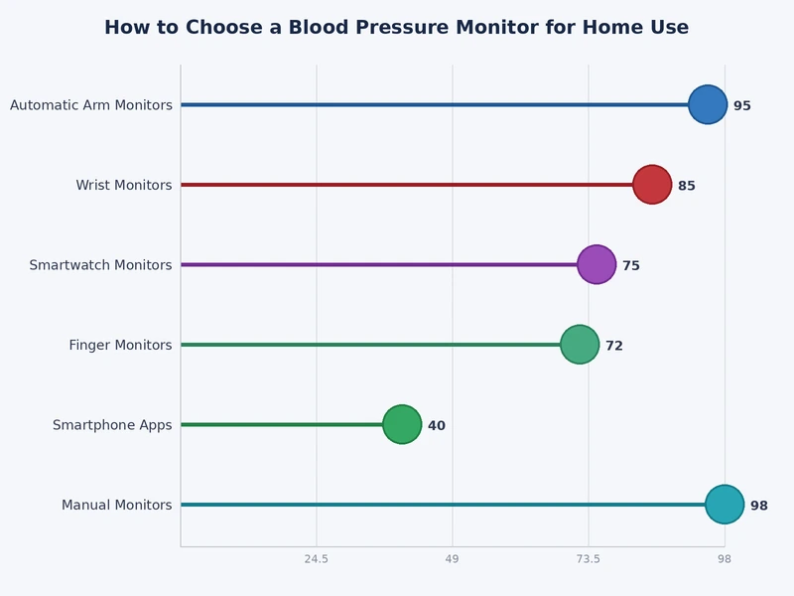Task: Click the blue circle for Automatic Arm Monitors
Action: click(x=708, y=104)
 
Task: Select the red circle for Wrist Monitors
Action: click(x=652, y=185)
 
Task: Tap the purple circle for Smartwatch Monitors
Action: click(x=596, y=264)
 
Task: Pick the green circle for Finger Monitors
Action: click(x=580, y=345)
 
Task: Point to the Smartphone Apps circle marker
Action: click(x=402, y=425)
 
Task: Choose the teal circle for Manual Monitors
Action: click(x=725, y=505)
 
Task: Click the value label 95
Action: click(x=742, y=105)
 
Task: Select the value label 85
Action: click(x=687, y=186)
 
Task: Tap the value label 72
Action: click(x=614, y=346)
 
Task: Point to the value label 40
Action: click(x=437, y=426)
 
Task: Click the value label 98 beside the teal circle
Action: click(x=759, y=506)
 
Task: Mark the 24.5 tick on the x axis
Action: click(x=317, y=560)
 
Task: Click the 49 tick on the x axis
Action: click(x=453, y=560)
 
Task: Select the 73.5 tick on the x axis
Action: click(x=589, y=560)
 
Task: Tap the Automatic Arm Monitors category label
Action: click(x=91, y=105)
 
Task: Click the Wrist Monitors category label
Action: click(x=124, y=186)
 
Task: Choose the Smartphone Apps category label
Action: click(x=112, y=425)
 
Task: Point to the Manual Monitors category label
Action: click(x=116, y=506)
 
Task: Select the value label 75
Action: click(x=631, y=265)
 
